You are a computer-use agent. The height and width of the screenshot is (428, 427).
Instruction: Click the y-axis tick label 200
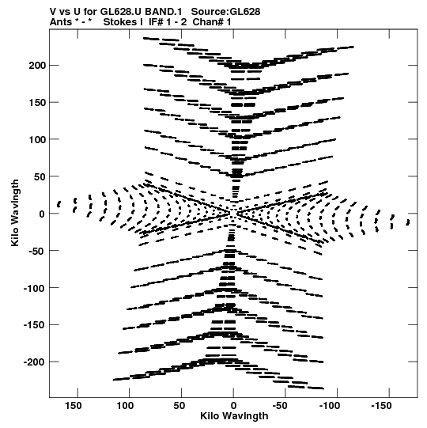tap(37, 66)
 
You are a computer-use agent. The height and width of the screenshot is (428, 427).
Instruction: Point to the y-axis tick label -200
tap(34, 362)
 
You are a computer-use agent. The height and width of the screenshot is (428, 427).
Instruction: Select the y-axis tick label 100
tap(37, 139)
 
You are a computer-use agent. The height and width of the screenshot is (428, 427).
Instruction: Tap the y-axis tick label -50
tap(36, 251)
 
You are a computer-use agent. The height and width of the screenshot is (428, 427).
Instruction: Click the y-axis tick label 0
tap(41, 214)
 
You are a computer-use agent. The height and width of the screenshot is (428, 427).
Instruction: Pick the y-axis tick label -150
tap(34, 325)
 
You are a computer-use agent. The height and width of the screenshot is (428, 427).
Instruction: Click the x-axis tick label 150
tap(73, 406)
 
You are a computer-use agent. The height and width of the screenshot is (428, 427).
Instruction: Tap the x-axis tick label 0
tap(233, 406)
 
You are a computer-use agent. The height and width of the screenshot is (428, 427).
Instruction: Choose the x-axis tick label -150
tap(381, 406)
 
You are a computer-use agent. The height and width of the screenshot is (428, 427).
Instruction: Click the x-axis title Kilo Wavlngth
tap(234, 416)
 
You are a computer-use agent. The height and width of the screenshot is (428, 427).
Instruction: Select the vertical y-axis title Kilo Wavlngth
tap(15, 213)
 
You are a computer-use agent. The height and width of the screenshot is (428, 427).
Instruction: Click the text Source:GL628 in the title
tap(225, 12)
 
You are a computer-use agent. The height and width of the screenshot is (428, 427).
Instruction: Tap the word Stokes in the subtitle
tap(120, 22)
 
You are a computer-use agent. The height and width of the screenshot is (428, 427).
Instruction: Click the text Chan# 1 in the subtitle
tap(212, 22)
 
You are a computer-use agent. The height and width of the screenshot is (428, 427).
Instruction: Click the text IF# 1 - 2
tap(168, 22)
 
